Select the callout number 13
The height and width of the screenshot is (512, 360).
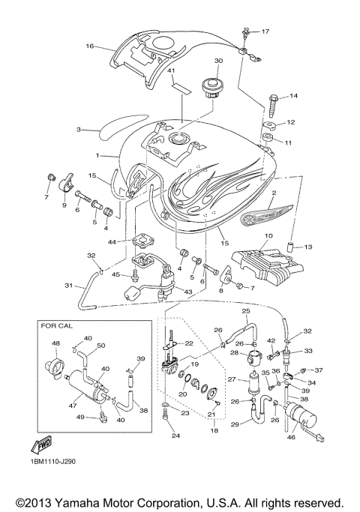308,246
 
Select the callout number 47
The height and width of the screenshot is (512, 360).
73,405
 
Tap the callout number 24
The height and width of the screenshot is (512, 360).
176,436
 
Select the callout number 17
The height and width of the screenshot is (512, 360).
265,31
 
